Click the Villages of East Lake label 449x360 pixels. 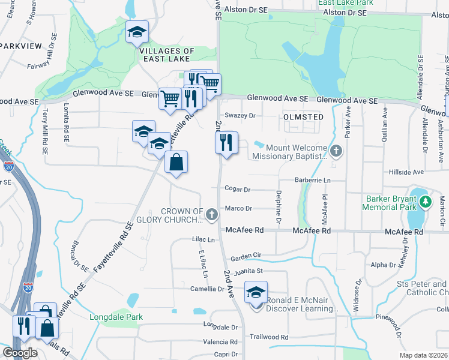coord(167,55)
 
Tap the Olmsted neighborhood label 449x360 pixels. coord(304,117)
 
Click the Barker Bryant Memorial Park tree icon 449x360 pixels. coord(426,202)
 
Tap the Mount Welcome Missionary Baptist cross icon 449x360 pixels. coord(336,150)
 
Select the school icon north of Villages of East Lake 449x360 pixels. coord(137,32)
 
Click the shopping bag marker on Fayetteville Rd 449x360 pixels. coord(176,163)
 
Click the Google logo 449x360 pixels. coord(20,353)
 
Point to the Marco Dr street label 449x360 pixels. coord(240,209)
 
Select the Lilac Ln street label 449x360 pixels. coord(202,239)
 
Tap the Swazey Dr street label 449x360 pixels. coord(240,115)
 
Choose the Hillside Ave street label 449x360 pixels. coord(406,172)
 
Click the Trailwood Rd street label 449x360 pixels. coord(269,337)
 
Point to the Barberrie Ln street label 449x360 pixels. coord(312,180)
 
